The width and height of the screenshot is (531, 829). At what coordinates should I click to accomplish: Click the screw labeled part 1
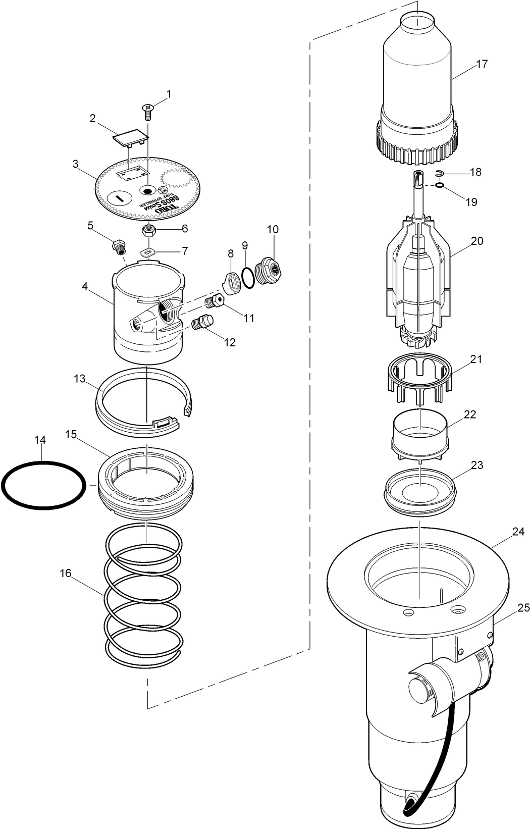point(148,111)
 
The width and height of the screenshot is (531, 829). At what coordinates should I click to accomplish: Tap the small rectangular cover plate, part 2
point(131,137)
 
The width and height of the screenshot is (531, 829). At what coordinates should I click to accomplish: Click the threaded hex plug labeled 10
point(268,271)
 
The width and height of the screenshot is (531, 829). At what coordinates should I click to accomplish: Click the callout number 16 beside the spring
point(66,573)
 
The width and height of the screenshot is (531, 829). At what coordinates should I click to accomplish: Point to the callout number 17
point(482,64)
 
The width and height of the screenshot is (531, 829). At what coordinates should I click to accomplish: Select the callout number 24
point(518,532)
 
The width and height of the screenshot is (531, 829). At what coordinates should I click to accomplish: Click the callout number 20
point(477,241)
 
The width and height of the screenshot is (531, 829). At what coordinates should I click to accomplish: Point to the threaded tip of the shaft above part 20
point(418,178)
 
